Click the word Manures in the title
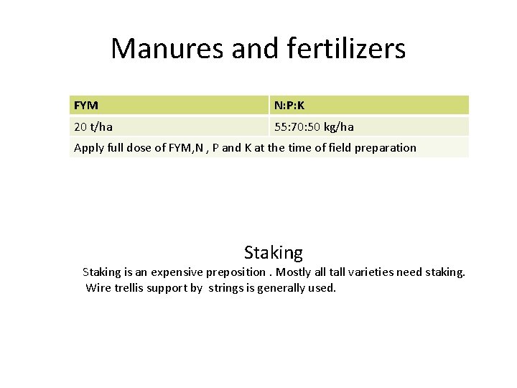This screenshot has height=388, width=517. click(x=167, y=49)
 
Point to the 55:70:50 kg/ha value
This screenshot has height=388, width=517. click(x=314, y=127)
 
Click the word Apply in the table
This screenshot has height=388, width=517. click(x=89, y=148)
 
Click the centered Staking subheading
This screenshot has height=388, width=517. click(x=273, y=253)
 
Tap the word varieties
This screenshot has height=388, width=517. click(x=381, y=272)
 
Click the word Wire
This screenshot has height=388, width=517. click(x=98, y=288)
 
